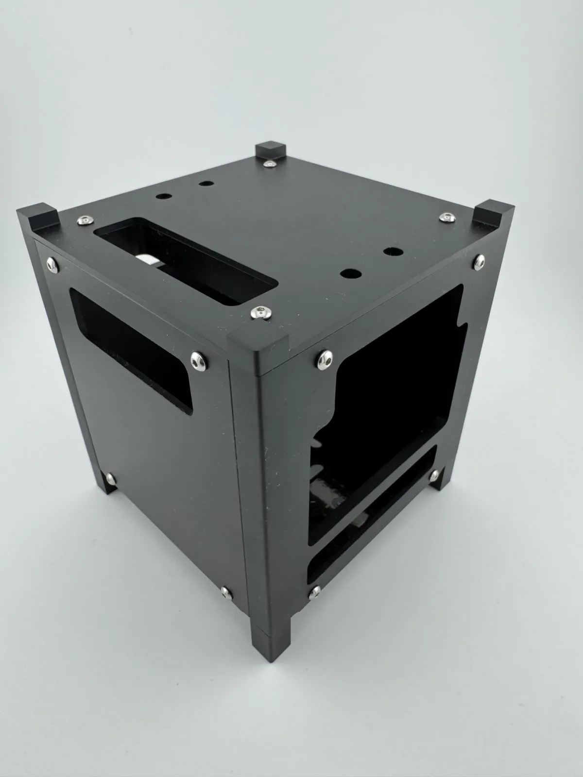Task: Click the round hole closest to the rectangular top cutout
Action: click(x=164, y=197)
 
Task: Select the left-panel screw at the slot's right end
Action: click(x=198, y=359)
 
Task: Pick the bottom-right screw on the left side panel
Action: click(x=226, y=591)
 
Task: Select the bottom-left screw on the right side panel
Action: click(x=316, y=591)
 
